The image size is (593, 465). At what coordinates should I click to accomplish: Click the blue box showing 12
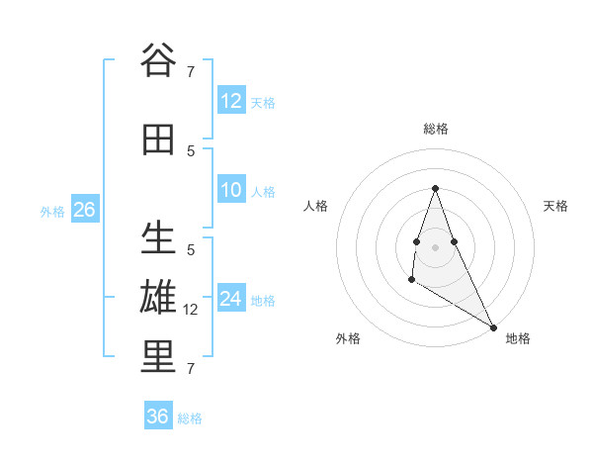tap(231, 101)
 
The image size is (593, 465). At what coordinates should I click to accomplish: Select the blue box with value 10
tap(231, 190)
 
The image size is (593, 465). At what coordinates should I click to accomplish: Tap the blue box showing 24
tap(231, 299)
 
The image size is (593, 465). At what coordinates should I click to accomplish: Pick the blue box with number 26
tap(84, 210)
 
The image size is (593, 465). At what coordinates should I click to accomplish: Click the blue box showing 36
tap(158, 417)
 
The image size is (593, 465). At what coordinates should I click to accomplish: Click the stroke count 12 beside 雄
tap(192, 310)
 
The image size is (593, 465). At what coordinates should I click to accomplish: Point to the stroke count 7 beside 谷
tap(191, 71)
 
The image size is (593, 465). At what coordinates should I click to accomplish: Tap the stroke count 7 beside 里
tap(191, 369)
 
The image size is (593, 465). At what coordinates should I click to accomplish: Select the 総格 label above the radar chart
tap(436, 129)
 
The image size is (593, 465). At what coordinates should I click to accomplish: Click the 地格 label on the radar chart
tap(518, 338)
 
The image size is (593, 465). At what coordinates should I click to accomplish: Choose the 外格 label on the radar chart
tap(348, 338)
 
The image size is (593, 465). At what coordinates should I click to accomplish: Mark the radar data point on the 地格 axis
tap(493, 326)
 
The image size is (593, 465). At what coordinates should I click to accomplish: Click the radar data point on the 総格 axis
tap(436, 188)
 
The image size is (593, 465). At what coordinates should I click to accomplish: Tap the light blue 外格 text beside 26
tap(52, 211)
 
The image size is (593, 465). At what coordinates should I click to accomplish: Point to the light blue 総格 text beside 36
tap(190, 418)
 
